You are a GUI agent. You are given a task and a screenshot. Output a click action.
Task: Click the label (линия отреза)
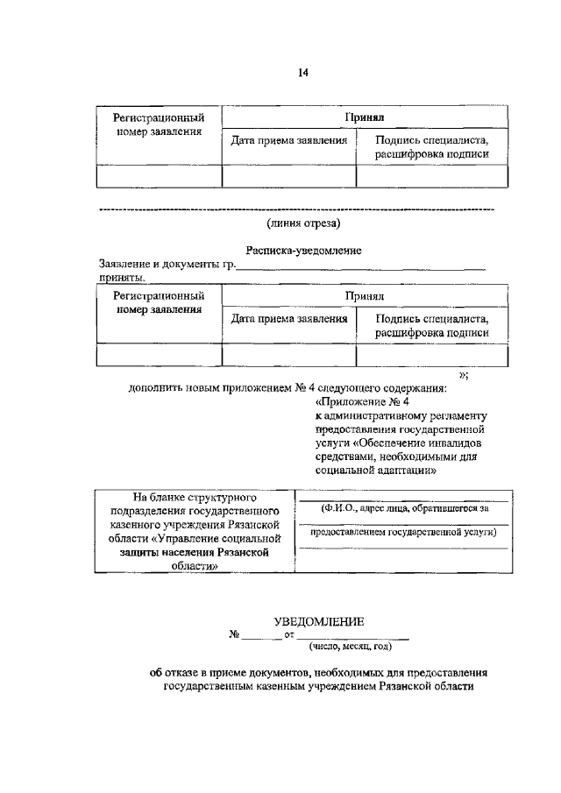pyautogui.click(x=291, y=223)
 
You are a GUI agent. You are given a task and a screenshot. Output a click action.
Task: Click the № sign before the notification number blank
pyautogui.click(x=233, y=634)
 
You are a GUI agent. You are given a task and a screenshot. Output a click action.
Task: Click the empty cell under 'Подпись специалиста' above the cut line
pyautogui.click(x=430, y=176)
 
